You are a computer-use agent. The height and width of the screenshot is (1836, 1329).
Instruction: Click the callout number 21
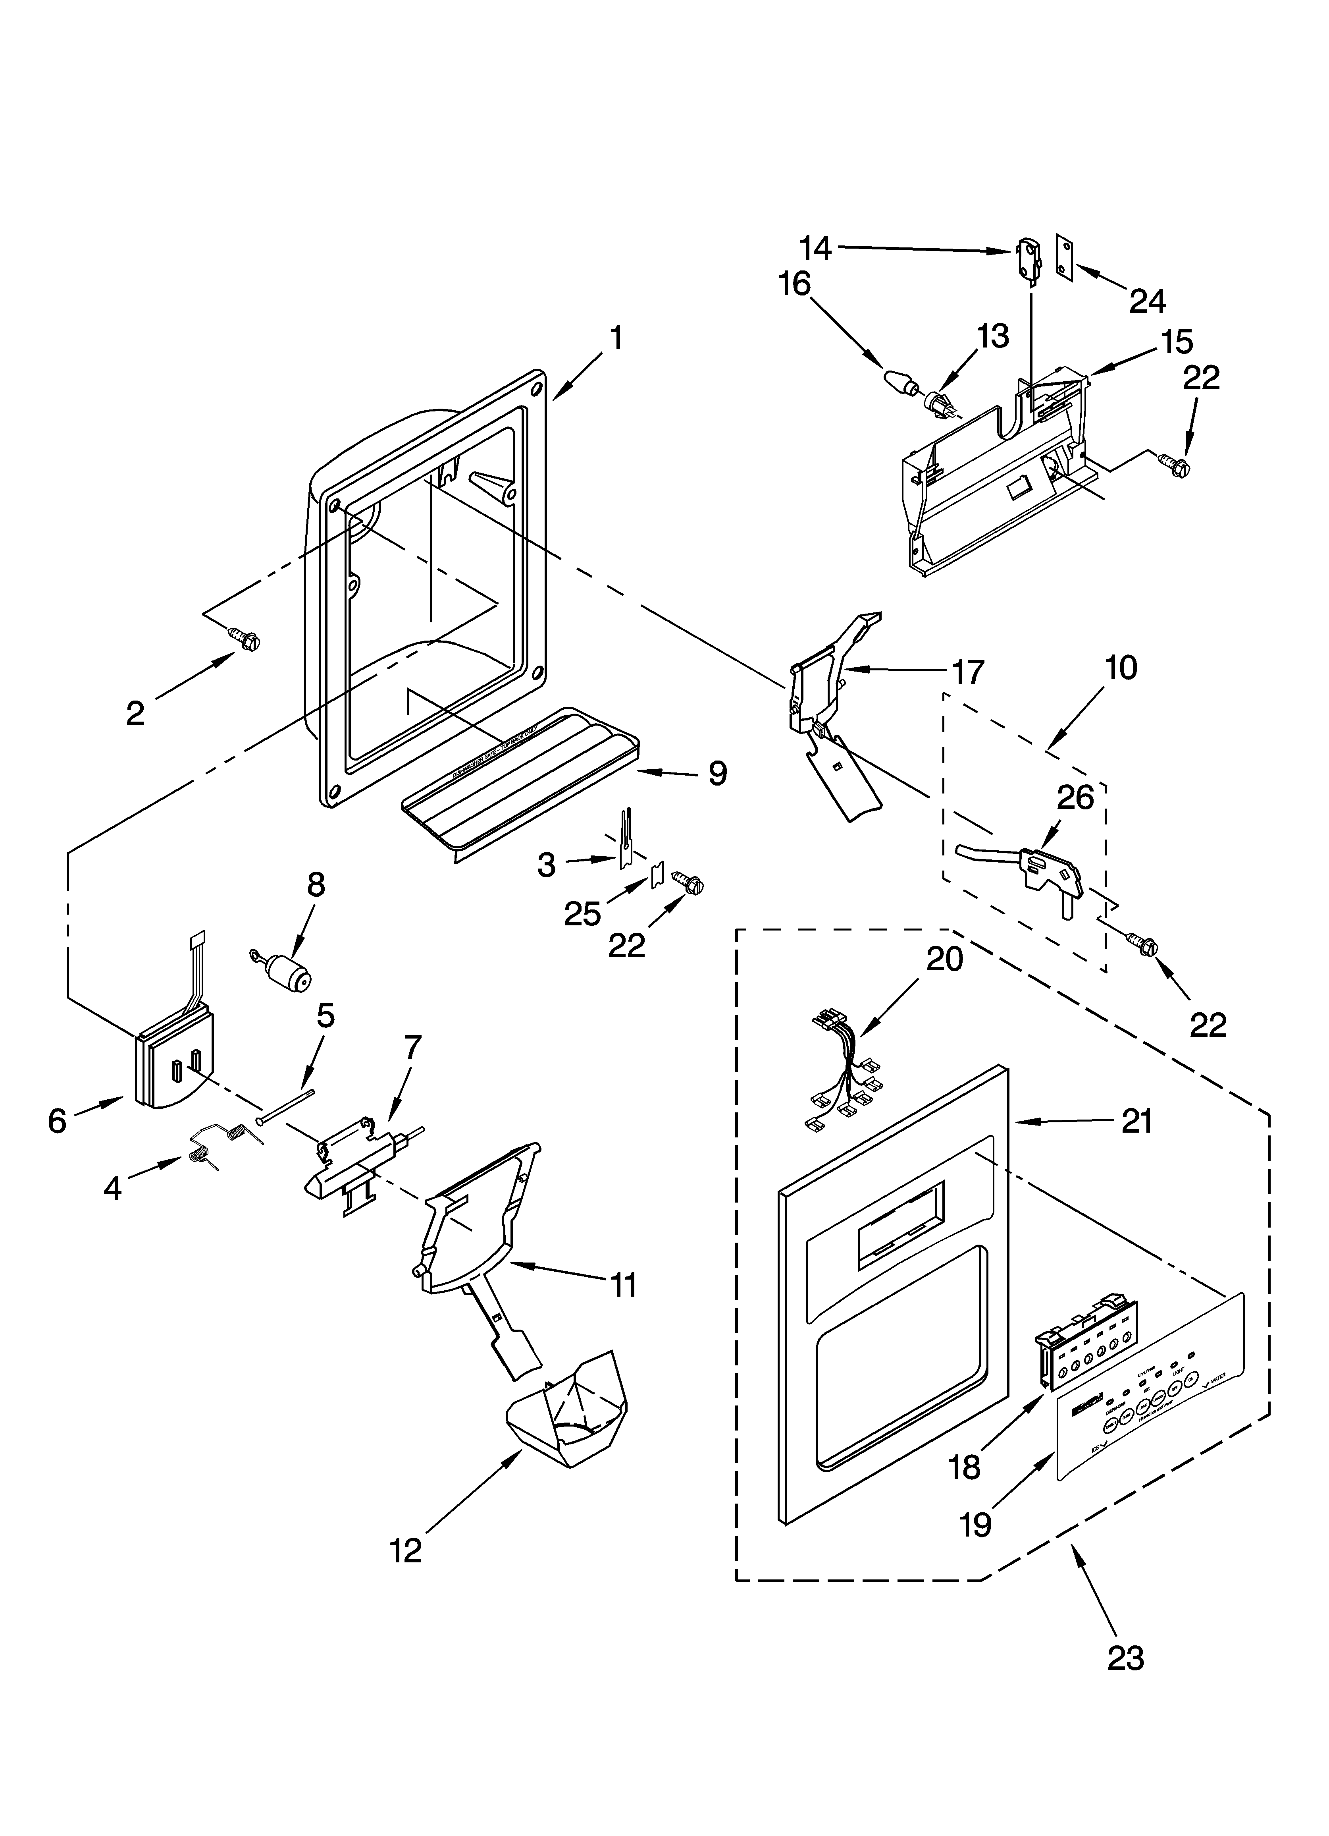click(1136, 1121)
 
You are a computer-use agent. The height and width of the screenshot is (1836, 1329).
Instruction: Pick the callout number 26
click(1076, 797)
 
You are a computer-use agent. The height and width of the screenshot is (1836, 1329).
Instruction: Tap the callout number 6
click(57, 1120)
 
